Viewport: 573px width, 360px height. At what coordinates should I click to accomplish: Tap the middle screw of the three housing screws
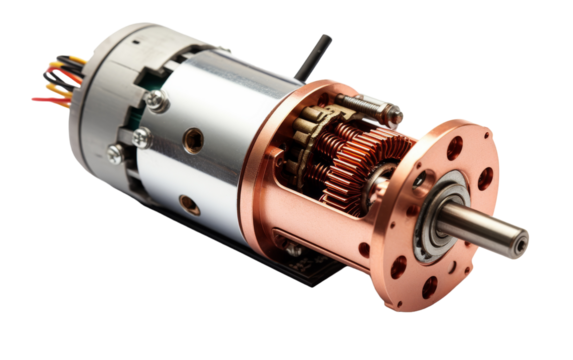[x=141, y=132]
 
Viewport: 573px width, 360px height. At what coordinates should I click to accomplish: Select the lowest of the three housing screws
[x=116, y=153]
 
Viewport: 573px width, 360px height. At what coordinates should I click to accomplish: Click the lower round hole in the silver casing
[x=185, y=205]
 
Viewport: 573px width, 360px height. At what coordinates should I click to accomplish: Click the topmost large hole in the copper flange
[x=455, y=148]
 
